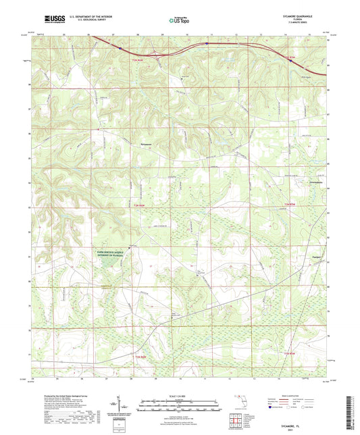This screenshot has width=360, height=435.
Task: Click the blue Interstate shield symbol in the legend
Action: (272, 408)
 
